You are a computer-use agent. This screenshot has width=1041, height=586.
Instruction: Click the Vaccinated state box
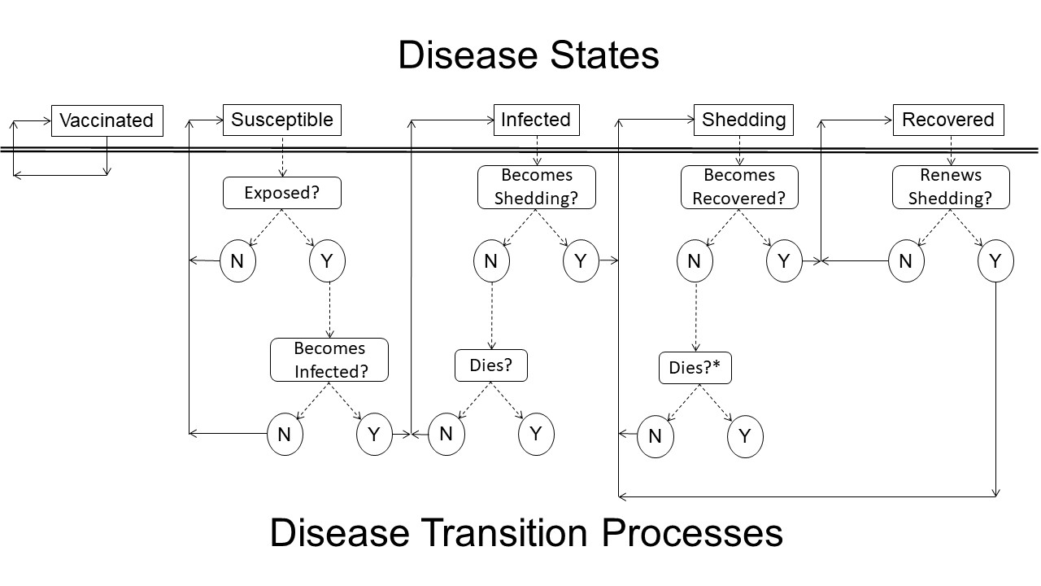(x=107, y=120)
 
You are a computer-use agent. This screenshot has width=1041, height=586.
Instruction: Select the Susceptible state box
(x=282, y=120)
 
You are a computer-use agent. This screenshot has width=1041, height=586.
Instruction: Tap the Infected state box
(x=536, y=120)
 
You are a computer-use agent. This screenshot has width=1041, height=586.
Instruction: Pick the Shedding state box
(x=743, y=120)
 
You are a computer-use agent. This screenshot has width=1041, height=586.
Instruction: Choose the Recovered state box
(x=947, y=120)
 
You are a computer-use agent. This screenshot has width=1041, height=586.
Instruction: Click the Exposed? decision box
(x=282, y=194)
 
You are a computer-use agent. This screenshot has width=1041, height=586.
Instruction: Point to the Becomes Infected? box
(x=329, y=360)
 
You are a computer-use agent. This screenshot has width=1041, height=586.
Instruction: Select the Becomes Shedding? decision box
(x=536, y=187)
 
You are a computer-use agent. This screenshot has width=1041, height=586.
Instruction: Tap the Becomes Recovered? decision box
(x=739, y=187)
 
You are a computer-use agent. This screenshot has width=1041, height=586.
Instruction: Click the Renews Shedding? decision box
(x=951, y=187)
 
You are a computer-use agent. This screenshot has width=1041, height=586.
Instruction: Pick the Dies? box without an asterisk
(x=491, y=365)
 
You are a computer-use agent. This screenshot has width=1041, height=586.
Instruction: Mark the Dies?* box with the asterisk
(x=695, y=368)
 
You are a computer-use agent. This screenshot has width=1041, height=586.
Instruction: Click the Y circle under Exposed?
(x=328, y=261)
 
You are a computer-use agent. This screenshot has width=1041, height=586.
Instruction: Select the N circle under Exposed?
(x=238, y=261)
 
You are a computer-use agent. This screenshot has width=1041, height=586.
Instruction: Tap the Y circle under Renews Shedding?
(x=995, y=261)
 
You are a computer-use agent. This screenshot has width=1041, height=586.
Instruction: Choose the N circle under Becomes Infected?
(x=285, y=435)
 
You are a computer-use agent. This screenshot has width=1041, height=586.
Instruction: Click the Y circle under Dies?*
(x=745, y=437)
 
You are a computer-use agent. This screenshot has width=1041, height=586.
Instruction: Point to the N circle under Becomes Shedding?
(x=491, y=261)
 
